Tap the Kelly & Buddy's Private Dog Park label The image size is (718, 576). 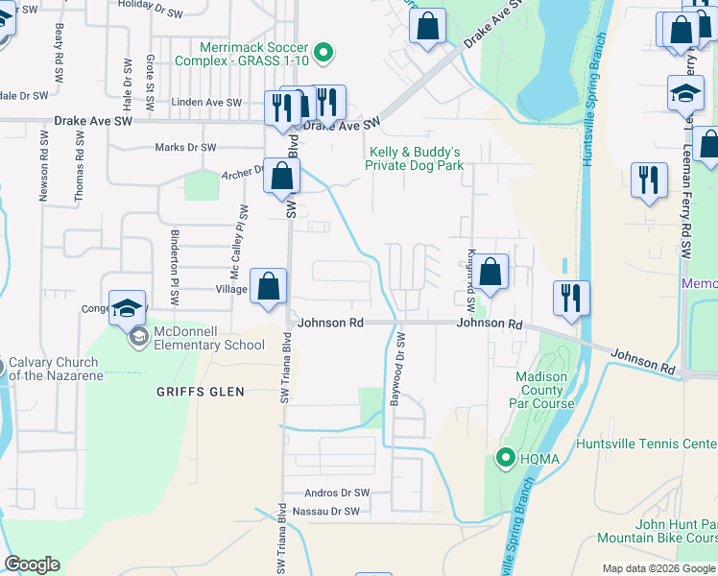tap(414, 158)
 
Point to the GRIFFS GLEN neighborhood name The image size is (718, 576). tap(201, 392)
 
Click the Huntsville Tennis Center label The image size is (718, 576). tap(645, 444)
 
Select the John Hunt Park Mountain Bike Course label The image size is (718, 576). tap(657, 531)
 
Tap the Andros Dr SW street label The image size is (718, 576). tap(336, 492)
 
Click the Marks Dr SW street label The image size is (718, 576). tap(185, 148)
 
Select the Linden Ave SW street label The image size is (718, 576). tap(207, 102)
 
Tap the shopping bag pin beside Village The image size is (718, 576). tap(269, 286)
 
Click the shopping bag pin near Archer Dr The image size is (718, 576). tap(282, 177)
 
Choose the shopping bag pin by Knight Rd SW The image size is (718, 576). tap(491, 273)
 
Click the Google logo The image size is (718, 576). tap(32, 564)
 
